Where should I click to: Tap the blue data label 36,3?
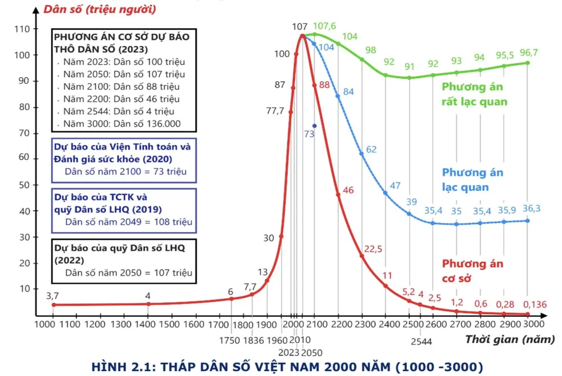(531, 208)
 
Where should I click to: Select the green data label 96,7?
(528, 52)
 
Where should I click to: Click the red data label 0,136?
(534, 304)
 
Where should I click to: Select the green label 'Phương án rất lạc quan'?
(474, 94)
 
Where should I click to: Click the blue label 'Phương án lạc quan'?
(473, 180)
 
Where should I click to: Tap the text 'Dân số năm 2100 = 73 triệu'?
(125, 172)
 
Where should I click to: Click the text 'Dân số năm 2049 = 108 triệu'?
(128, 222)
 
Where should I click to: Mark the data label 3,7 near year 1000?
(52, 295)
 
